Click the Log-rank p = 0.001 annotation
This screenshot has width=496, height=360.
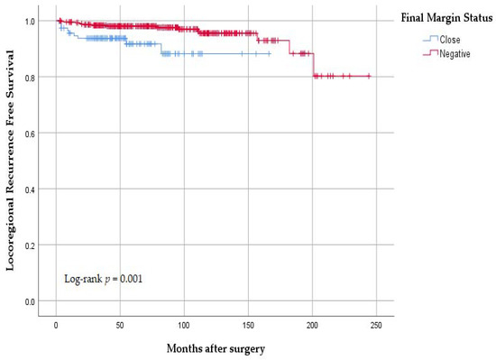(104, 279)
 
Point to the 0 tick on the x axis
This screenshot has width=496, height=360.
(56, 323)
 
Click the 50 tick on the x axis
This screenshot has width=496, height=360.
(120, 323)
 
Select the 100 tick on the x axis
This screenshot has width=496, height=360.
(184, 323)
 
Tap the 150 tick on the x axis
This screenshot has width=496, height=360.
(248, 323)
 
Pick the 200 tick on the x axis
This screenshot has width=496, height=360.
(312, 323)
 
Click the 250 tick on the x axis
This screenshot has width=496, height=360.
(376, 323)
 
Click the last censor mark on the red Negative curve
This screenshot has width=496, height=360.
(369, 77)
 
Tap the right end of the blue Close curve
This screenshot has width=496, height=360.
(269, 54)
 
